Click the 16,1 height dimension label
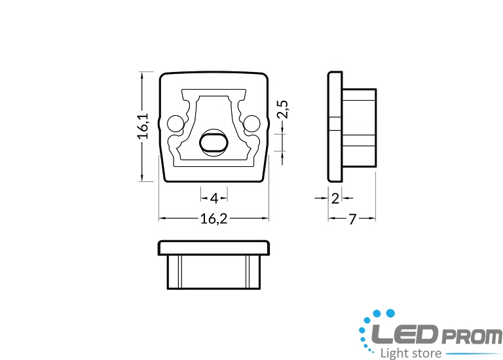coord(143,126)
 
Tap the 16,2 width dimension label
coord(214,219)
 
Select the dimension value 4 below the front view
coord(214,198)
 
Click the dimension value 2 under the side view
coord(335,199)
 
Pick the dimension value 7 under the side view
coord(352,219)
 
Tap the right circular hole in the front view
coord(251,124)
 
